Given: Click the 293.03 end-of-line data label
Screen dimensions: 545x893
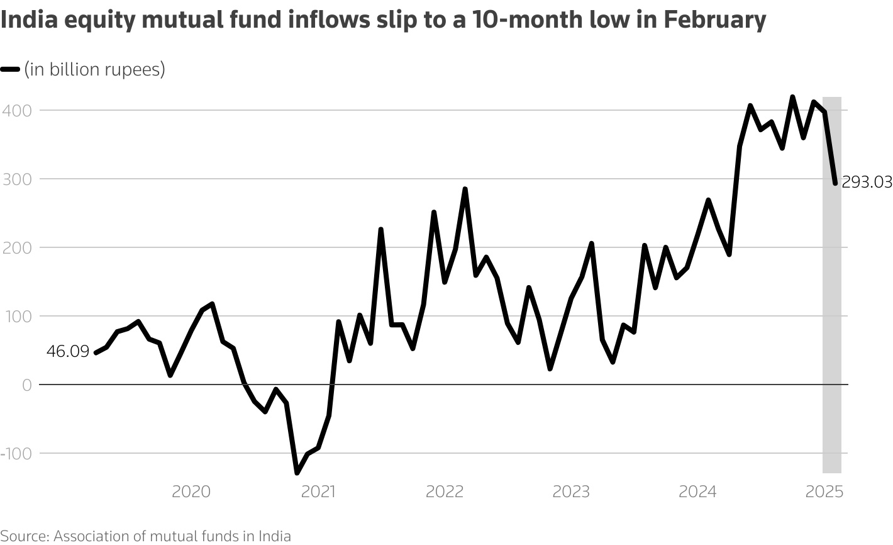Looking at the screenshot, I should [866, 183].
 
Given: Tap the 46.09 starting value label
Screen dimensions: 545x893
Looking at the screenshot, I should [68, 352].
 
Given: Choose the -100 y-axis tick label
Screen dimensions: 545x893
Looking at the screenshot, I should [14, 453].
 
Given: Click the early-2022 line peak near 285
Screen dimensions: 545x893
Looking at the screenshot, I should [465, 189].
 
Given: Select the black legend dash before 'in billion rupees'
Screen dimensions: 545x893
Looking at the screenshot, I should [11, 70].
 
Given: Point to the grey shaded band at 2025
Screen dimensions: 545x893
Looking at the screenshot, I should [831, 315].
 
